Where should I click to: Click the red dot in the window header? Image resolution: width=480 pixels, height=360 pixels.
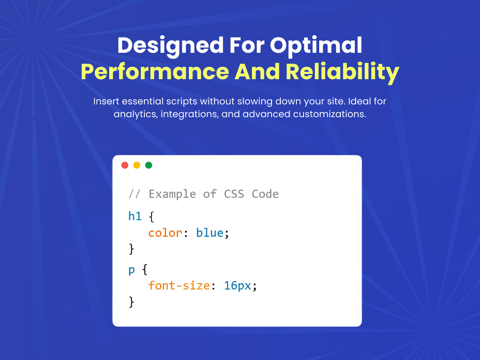pos(125,165)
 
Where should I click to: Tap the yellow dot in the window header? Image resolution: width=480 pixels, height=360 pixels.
pos(137,165)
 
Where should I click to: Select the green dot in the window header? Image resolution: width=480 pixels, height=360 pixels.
pos(149,165)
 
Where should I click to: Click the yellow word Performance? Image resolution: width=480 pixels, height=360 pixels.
pos(155,72)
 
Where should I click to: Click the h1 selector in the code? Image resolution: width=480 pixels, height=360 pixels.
pos(135,216)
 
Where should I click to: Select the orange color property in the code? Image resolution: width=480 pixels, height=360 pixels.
pos(165,233)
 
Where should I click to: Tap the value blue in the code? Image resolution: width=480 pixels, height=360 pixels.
pos(210,233)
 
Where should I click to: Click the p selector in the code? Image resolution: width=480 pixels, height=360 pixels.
pos(132,270)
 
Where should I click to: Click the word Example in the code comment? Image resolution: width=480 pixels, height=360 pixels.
pos(172,194)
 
